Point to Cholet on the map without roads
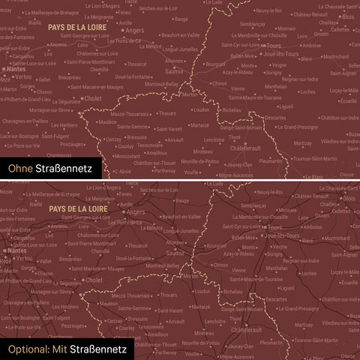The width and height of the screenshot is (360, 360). pyautogui.click(x=94, y=97)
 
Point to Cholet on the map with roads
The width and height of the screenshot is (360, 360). pyautogui.click(x=94, y=279)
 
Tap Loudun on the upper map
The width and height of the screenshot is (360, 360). pyautogui.click(x=201, y=109)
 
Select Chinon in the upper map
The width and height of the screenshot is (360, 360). pyautogui.click(x=220, y=84)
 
